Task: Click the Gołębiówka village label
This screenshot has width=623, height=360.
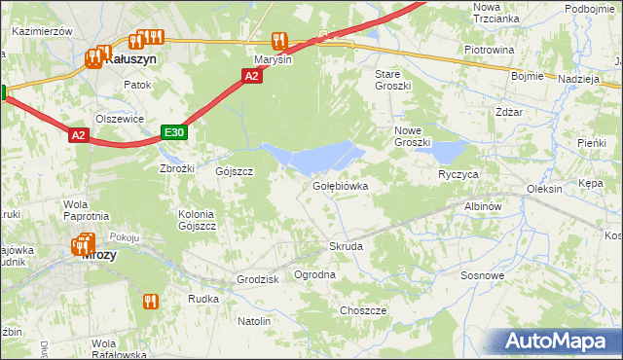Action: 340,185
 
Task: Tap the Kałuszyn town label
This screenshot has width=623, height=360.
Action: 130,58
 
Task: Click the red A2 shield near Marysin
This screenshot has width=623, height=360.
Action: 252,76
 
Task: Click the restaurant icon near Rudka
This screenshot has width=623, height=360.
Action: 150,302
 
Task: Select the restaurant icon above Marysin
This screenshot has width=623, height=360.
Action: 279,41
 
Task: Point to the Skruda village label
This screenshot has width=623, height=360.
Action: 346,247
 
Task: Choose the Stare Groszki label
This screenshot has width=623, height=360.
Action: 393,80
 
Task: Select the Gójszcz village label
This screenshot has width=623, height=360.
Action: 235,171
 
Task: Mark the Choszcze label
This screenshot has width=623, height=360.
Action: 363,310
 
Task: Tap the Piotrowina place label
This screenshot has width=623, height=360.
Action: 489,49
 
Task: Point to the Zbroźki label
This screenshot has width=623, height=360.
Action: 177,167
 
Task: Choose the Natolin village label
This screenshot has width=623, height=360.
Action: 254,320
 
